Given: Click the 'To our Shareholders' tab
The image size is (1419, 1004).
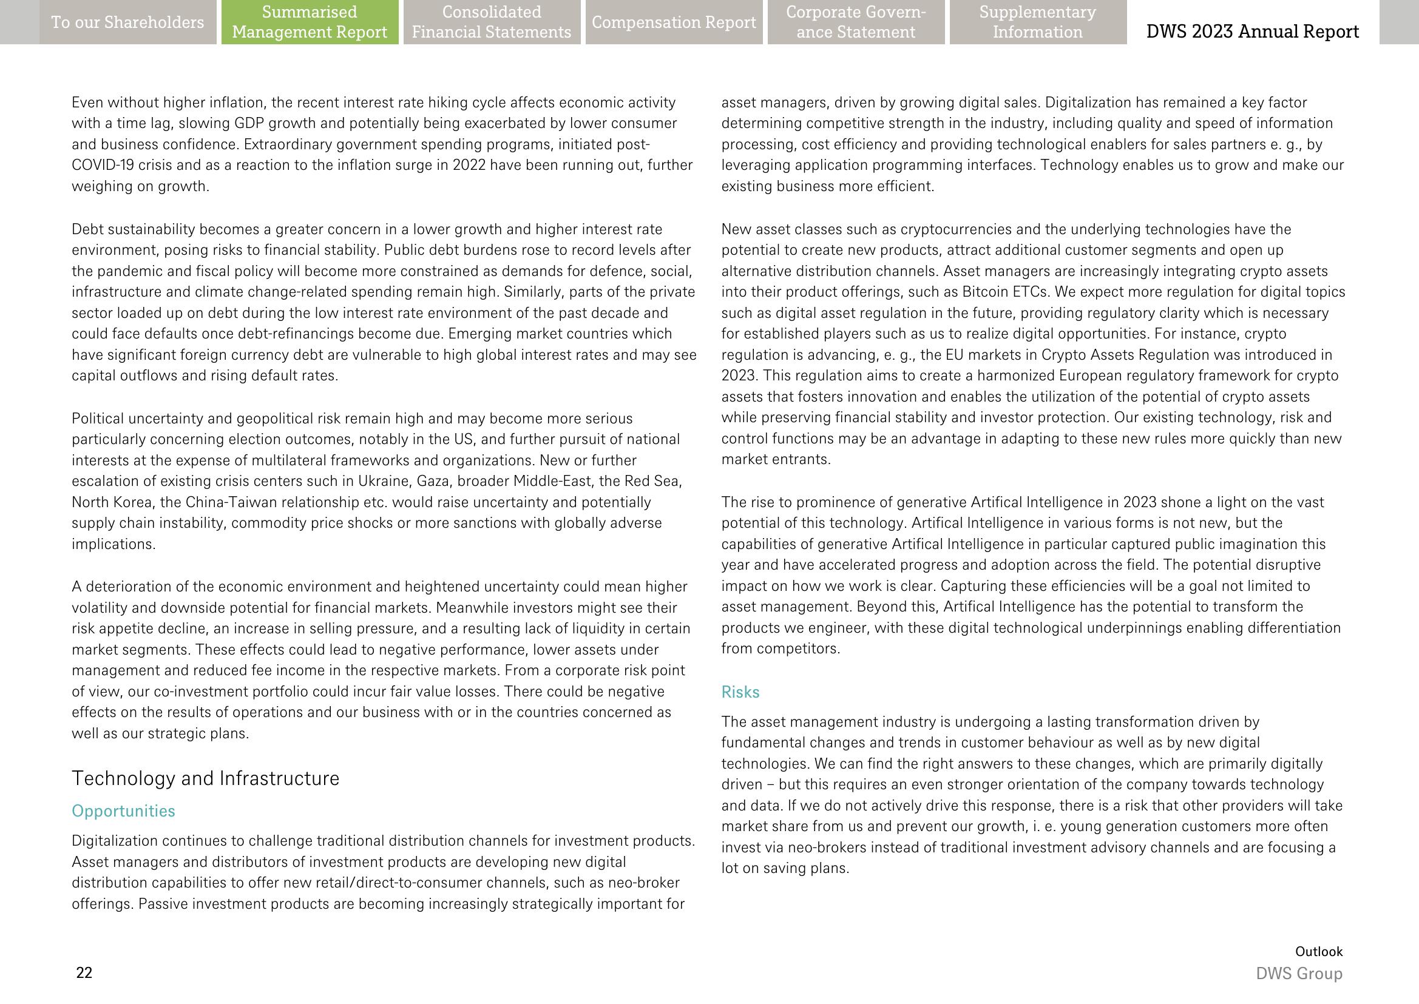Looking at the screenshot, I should (x=127, y=22).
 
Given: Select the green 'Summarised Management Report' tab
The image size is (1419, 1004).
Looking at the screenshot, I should (x=310, y=22).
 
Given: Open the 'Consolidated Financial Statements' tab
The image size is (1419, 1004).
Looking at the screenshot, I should (x=492, y=22).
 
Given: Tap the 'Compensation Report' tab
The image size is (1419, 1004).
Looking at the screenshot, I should (x=674, y=22).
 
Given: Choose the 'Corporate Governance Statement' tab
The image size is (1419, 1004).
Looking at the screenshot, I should (x=856, y=22).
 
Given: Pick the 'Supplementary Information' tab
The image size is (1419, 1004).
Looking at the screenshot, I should (x=1037, y=22).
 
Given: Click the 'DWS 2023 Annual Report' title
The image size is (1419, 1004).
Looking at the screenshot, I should (x=1252, y=32).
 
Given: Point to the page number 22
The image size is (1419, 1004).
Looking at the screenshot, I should (x=84, y=972).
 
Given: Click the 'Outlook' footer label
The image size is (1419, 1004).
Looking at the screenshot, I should (x=1319, y=951).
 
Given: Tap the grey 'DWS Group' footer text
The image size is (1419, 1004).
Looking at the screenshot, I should (x=1299, y=974).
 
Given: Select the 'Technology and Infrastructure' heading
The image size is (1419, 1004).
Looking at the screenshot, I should (x=205, y=778).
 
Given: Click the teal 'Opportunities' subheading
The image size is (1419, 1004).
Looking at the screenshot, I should (x=123, y=810).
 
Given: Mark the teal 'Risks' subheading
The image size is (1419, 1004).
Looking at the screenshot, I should (x=740, y=692).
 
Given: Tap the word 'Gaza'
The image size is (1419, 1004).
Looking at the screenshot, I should (x=433, y=481).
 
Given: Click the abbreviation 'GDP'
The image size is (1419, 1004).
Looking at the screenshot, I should (x=249, y=123).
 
